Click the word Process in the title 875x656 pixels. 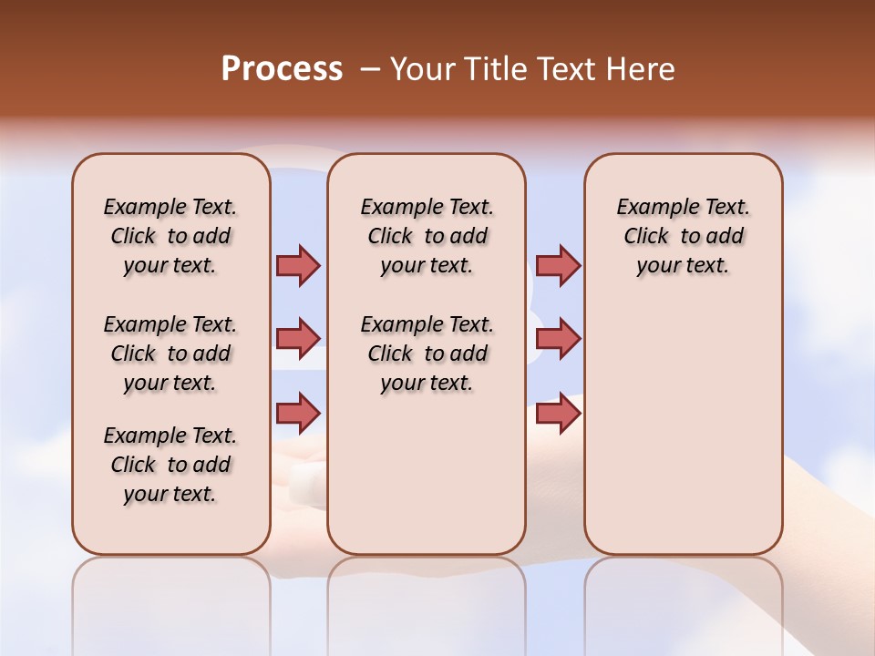[282, 69]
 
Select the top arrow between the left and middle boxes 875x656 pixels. [298, 265]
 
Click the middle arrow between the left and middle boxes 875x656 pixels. [298, 339]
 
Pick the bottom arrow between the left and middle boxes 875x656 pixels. [298, 413]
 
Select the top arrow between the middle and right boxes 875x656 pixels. [558, 265]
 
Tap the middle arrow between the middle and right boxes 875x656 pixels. [558, 339]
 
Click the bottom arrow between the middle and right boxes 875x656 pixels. [558, 413]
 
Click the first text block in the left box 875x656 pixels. [170, 236]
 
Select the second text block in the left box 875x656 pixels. [170, 354]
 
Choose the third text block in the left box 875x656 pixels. [170, 465]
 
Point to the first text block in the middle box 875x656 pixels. [427, 236]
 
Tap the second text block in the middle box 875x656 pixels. [427, 354]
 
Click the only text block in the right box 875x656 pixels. [684, 236]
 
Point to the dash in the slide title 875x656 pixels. [369, 69]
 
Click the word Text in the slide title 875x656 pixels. [568, 69]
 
